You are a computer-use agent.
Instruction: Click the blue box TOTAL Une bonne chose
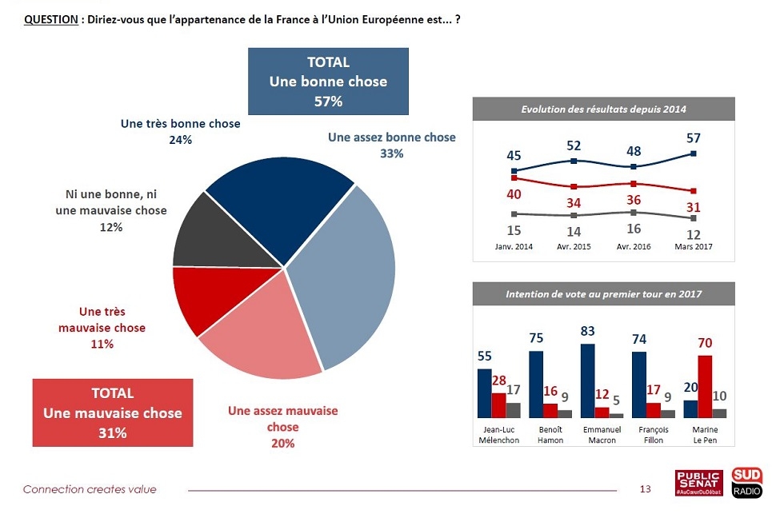click(328, 82)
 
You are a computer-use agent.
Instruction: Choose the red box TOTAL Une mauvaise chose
click(112, 412)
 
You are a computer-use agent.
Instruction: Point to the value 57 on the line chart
click(693, 138)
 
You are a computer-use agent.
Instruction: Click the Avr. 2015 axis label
click(574, 246)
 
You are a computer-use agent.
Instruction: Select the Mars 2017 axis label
click(693, 246)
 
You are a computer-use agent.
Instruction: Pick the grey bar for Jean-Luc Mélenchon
click(513, 410)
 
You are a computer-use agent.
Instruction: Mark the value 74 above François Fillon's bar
click(638, 339)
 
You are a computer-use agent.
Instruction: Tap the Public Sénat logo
click(699, 483)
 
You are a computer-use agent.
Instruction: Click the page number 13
click(646, 489)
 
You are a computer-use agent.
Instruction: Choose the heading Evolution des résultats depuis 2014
click(603, 109)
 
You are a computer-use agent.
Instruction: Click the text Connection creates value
click(90, 489)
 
